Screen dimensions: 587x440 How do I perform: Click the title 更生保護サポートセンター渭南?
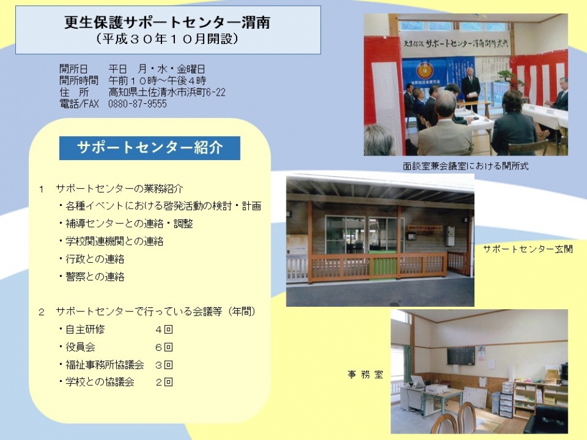click(167, 22)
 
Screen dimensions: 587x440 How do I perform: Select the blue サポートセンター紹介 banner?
click(150, 148)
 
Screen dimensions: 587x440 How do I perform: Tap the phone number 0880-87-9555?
click(137, 104)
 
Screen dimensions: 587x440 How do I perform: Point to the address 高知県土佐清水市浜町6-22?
click(167, 92)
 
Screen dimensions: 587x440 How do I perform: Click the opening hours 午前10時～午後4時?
click(157, 80)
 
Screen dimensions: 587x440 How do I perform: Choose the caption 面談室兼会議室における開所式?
click(465, 166)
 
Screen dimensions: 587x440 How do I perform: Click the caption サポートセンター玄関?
click(528, 249)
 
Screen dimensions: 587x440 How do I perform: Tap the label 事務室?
click(365, 374)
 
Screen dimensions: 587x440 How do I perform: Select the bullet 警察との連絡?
click(92, 276)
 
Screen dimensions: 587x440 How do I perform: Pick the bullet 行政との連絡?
click(92, 259)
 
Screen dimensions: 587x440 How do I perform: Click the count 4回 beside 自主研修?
click(164, 329)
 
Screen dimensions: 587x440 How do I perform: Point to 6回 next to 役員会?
click(164, 347)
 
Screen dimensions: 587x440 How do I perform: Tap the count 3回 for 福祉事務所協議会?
click(164, 365)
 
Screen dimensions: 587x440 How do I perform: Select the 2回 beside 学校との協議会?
click(164, 382)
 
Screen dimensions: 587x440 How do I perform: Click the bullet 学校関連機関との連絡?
click(111, 241)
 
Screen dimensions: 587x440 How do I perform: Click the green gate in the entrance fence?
click(384, 266)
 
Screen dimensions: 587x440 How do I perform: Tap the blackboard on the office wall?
click(460, 356)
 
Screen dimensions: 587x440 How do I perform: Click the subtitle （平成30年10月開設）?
click(167, 39)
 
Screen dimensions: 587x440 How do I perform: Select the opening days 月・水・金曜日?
click(171, 69)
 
